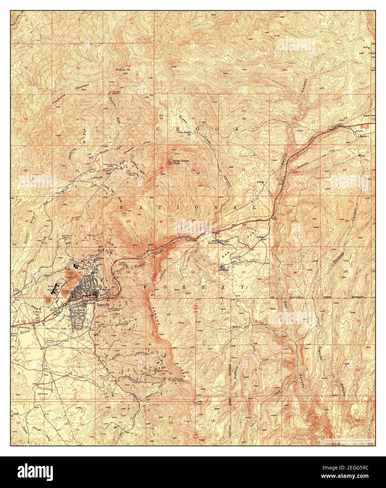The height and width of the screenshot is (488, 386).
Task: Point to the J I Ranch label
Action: pyautogui.click(x=360, y=135)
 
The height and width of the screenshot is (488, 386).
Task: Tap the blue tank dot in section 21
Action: pyautogui.click(x=262, y=182)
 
